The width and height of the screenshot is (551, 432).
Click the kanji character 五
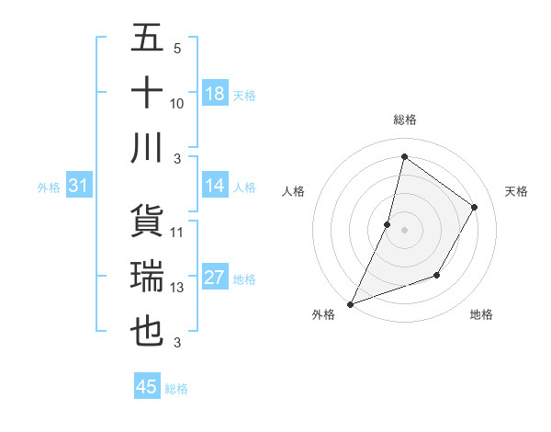tap(148, 39)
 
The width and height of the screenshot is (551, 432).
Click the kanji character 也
tap(148, 331)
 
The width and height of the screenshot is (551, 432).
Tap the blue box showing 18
tap(215, 94)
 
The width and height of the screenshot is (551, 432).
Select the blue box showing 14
tap(215, 187)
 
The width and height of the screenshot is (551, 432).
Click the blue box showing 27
tap(215, 279)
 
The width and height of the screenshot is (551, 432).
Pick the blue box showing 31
tap(79, 187)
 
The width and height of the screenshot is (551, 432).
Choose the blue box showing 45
tap(147, 387)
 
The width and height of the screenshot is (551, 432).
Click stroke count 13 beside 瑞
tap(177, 288)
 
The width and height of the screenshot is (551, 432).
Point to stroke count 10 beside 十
tap(177, 103)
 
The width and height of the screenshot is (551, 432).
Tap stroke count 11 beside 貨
tap(177, 232)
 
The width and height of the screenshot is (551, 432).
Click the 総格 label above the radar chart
tap(404, 119)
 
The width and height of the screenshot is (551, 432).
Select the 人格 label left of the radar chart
tap(293, 191)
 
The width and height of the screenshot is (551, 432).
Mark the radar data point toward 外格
tap(350, 303)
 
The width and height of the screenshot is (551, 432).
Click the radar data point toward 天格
tap(475, 207)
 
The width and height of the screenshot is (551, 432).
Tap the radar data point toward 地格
tap(438, 275)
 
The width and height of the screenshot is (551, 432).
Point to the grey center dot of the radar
tap(404, 230)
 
